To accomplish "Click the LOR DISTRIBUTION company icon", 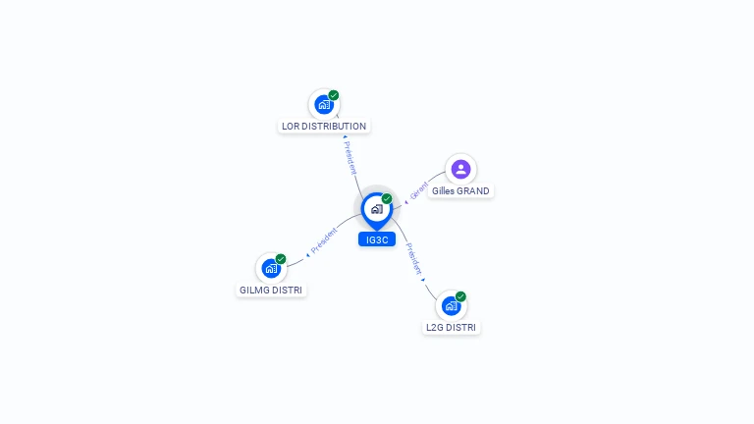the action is pyautogui.click(x=324, y=104).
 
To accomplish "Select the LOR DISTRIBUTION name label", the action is pyautogui.click(x=324, y=127).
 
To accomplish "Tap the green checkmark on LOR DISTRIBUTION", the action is pyautogui.click(x=334, y=95).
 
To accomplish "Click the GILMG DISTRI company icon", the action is pyautogui.click(x=271, y=268).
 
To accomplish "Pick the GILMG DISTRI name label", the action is pyautogui.click(x=271, y=291).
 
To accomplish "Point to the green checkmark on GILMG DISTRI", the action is pyautogui.click(x=281, y=259).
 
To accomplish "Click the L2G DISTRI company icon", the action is pyautogui.click(x=451, y=306).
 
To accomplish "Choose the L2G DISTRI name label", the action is pyautogui.click(x=451, y=328).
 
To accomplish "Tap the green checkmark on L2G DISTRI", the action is pyautogui.click(x=460, y=296).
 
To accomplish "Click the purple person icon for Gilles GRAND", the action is pyautogui.click(x=460, y=169).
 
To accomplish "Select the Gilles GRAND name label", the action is pyautogui.click(x=460, y=190).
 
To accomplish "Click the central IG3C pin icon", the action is pyautogui.click(x=377, y=211).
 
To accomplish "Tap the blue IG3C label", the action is pyautogui.click(x=377, y=239).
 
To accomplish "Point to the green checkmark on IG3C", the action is pyautogui.click(x=387, y=198).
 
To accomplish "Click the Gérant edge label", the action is pyautogui.click(x=419, y=190).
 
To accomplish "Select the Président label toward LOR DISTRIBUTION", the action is pyautogui.click(x=350, y=158).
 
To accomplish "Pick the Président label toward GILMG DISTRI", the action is pyautogui.click(x=324, y=239).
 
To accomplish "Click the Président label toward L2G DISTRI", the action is pyautogui.click(x=413, y=259).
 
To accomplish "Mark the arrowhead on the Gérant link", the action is pyautogui.click(x=406, y=202).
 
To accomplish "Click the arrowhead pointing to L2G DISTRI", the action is pyautogui.click(x=423, y=280).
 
